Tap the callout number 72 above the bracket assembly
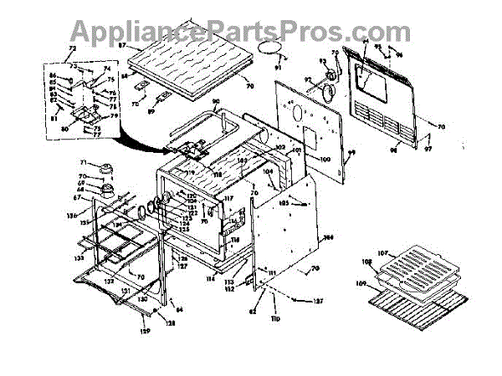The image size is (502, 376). [x=59, y=50]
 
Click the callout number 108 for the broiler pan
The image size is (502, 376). [x=365, y=262]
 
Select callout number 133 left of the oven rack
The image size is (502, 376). [x=77, y=260]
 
